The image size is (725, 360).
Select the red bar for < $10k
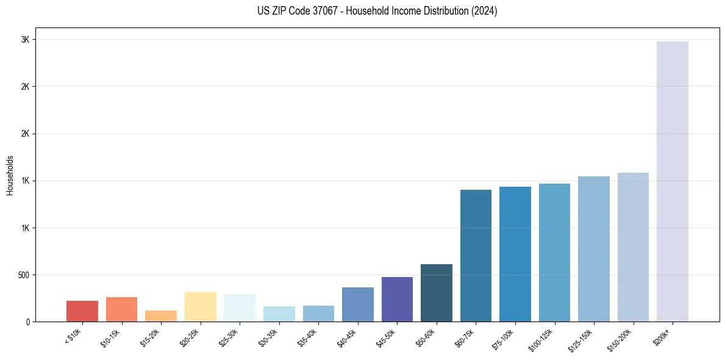point(82,311)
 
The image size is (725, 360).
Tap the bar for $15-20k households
point(161,316)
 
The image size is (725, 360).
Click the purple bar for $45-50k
point(397,299)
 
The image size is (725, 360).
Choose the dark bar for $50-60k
point(436,293)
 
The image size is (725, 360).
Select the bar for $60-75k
point(476,256)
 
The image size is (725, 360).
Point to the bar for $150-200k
point(633,247)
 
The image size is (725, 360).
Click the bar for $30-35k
point(279,314)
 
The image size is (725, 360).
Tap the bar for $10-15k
point(121,309)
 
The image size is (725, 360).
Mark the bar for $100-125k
point(554,253)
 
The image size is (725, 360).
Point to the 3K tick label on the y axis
point(26,40)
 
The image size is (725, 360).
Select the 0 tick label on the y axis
point(27,322)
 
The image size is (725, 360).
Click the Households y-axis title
point(10,175)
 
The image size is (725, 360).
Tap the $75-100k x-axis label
point(504,338)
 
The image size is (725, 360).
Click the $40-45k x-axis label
point(347,337)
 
